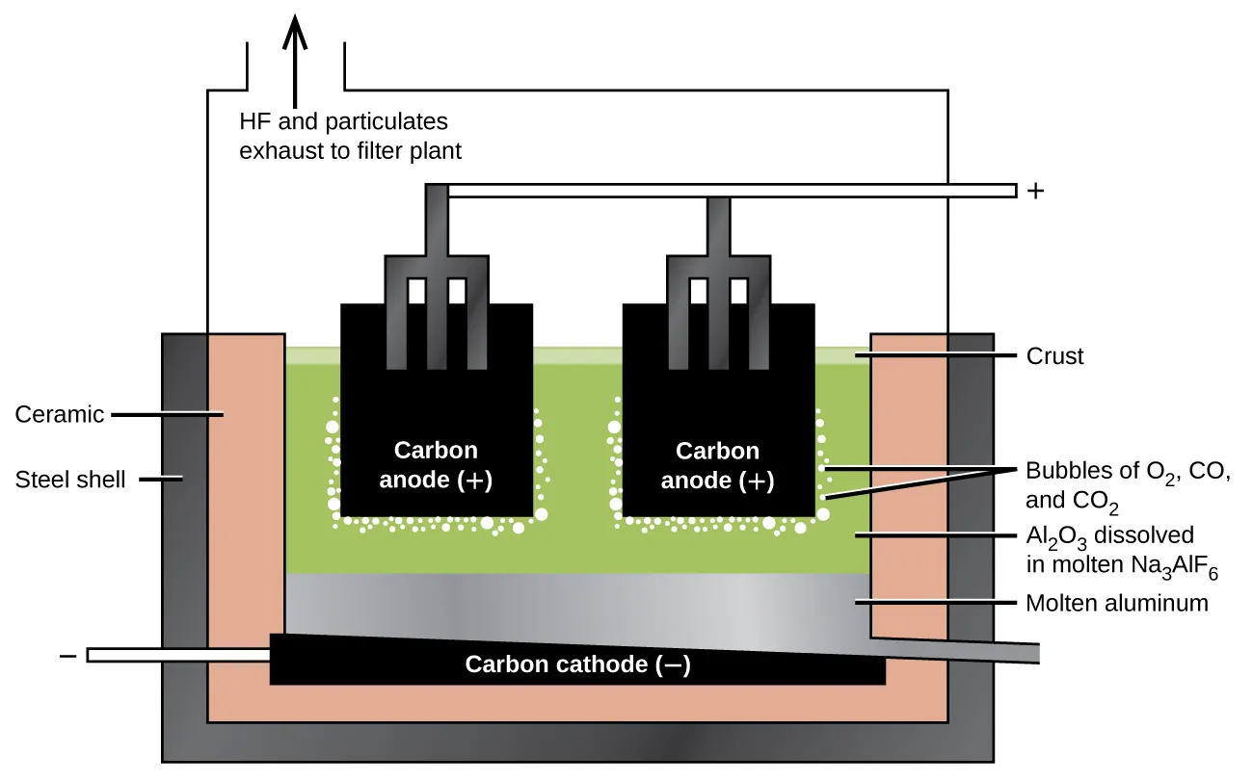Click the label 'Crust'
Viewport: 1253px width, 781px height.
tap(1054, 356)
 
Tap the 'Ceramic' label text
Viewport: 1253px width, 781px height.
tap(60, 414)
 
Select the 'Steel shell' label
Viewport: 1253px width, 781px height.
tap(70, 479)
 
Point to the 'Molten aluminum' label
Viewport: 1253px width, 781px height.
tap(1116, 603)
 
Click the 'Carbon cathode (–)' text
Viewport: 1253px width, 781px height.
tap(577, 664)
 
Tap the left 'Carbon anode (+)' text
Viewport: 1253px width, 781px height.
tap(436, 465)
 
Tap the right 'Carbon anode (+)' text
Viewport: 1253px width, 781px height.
tap(717, 465)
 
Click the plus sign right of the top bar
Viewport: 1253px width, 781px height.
tap(1036, 191)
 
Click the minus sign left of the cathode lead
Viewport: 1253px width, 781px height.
tap(68, 655)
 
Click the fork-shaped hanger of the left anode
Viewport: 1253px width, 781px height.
tap(437, 289)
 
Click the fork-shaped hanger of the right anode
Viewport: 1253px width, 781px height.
tap(718, 289)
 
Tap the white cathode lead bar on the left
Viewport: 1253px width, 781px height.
tap(178, 655)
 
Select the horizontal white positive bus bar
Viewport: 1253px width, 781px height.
tap(733, 191)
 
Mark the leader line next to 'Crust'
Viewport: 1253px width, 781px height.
tap(935, 356)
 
